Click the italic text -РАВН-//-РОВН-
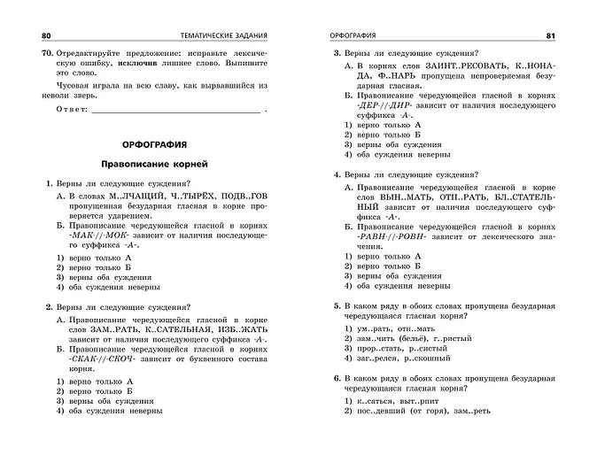(384, 237)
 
